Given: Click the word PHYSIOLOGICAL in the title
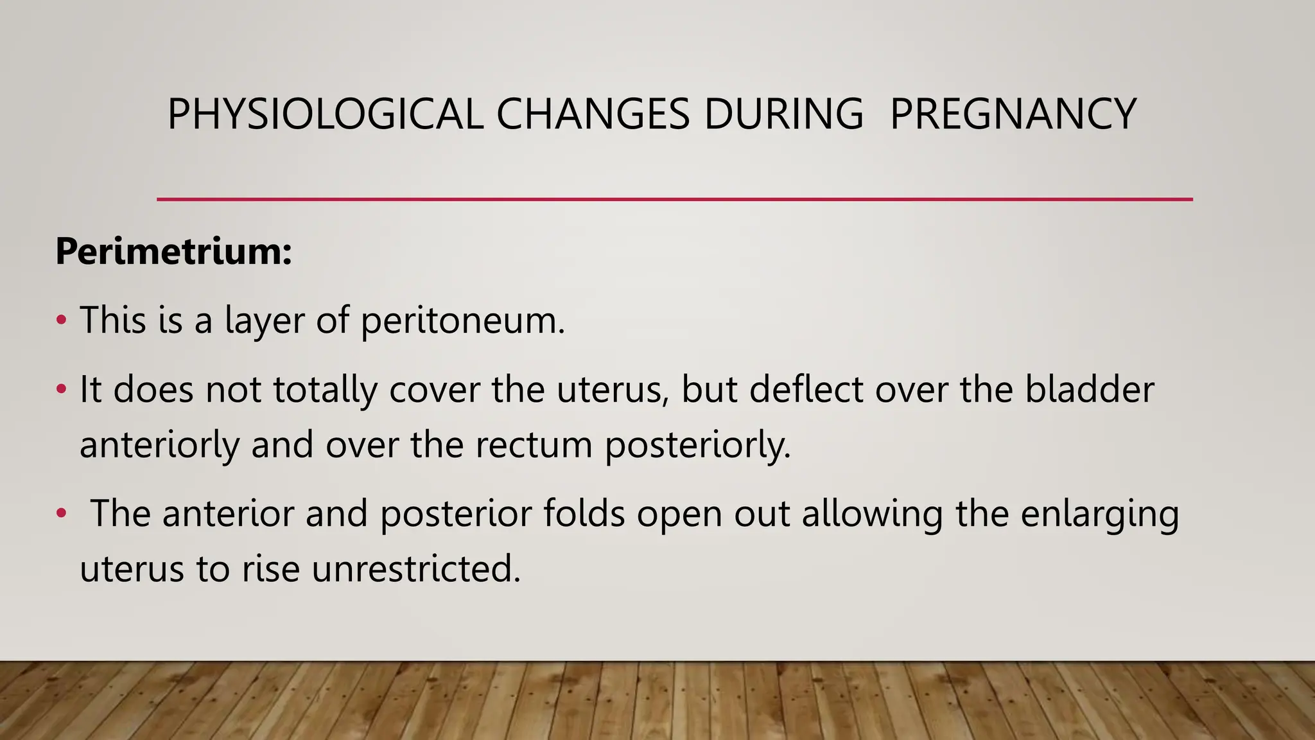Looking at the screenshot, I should [325, 114].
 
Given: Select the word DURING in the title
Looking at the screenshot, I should [784, 114].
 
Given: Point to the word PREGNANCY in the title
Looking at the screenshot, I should [1013, 114].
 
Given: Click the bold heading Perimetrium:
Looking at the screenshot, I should [173, 251].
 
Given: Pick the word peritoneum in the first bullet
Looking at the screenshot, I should [462, 321].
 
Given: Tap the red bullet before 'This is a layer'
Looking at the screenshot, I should [61, 320].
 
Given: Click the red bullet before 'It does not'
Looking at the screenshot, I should [61, 389].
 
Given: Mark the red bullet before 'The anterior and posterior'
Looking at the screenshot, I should [61, 513].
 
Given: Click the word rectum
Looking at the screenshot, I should [534, 445].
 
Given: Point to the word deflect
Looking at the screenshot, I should [806, 389].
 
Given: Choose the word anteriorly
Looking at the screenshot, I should [159, 445].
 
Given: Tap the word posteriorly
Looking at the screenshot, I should [698, 445].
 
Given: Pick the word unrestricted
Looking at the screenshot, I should [416, 568].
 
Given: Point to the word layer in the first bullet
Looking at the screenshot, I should [264, 321].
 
